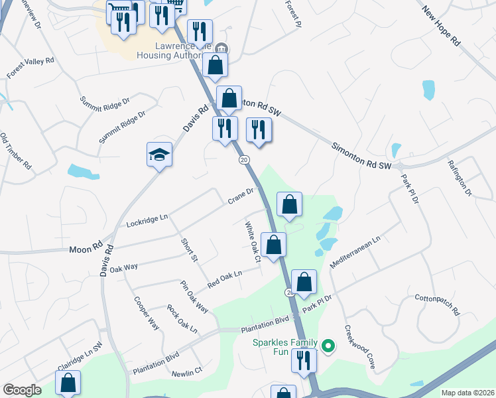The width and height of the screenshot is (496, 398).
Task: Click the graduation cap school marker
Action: tap(159, 155)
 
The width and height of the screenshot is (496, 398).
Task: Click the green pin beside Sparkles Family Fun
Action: tap(328, 346)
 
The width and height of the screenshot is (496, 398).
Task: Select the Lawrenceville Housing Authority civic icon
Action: tap(222, 48)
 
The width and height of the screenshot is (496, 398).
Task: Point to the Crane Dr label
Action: tap(241, 196)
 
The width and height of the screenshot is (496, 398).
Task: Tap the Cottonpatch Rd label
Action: tap(437, 303)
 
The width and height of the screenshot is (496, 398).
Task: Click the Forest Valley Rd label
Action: tap(31, 68)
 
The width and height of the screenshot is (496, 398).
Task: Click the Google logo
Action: tap(22, 390)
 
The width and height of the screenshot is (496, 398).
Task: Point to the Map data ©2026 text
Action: tap(467, 393)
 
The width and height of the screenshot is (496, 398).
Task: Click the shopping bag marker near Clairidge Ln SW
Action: tap(68, 383)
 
